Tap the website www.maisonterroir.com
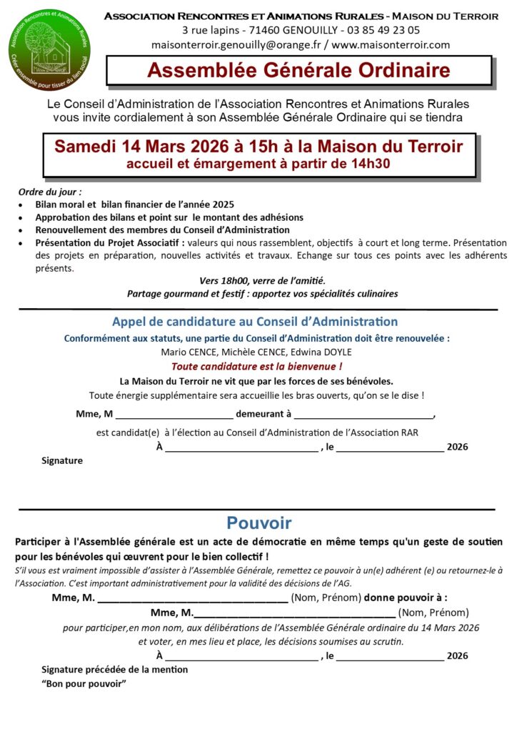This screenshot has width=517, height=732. click(x=391, y=44)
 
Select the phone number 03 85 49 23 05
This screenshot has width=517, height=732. click(x=382, y=30)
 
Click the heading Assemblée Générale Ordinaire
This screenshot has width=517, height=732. click(x=298, y=71)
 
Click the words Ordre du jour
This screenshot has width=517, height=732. click(x=51, y=192)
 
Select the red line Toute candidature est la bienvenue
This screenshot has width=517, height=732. click(x=261, y=366)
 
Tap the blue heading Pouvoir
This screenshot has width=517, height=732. click(x=258, y=523)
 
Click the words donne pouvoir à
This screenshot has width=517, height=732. click(x=406, y=598)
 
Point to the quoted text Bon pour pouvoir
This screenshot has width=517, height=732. click(x=84, y=683)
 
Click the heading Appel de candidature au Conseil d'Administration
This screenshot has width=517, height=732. click(x=255, y=322)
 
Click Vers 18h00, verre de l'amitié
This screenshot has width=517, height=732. click(x=263, y=280)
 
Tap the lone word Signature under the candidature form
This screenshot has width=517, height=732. click(x=62, y=461)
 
